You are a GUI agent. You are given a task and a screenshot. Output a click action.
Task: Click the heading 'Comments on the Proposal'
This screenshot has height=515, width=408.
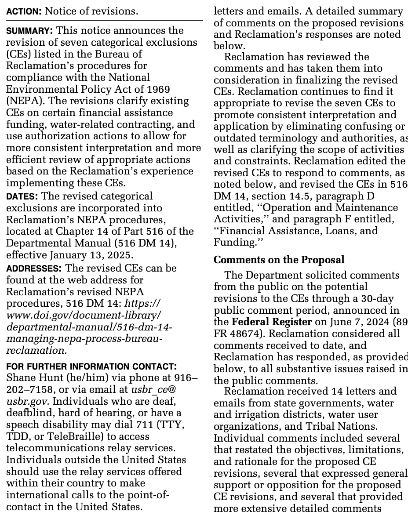click(279, 260)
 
